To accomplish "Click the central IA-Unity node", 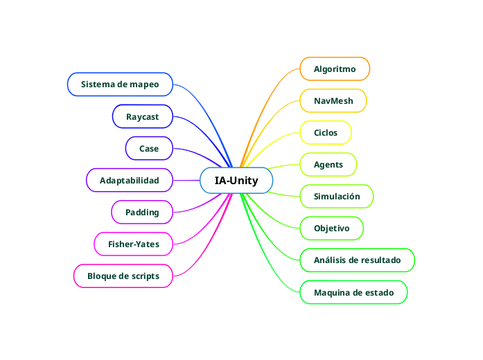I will (x=236, y=181).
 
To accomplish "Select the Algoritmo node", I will (x=335, y=69).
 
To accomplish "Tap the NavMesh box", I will (x=333, y=101).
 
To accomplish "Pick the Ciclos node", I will (x=326, y=132).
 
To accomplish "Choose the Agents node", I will (x=328, y=165).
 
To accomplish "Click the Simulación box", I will (x=337, y=197).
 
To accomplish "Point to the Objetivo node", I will (x=332, y=228).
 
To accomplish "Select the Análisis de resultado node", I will (x=357, y=260).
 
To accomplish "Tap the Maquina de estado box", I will (x=353, y=293).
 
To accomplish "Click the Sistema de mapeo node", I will (x=120, y=84).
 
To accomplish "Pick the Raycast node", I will (x=142, y=117).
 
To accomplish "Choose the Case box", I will (x=149, y=148).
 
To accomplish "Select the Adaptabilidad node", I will (x=129, y=181).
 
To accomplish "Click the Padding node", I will (x=142, y=213).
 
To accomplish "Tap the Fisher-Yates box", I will (x=133, y=244).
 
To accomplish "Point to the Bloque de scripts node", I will (x=123, y=276).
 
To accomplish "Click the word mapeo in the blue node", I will (x=143, y=84).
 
